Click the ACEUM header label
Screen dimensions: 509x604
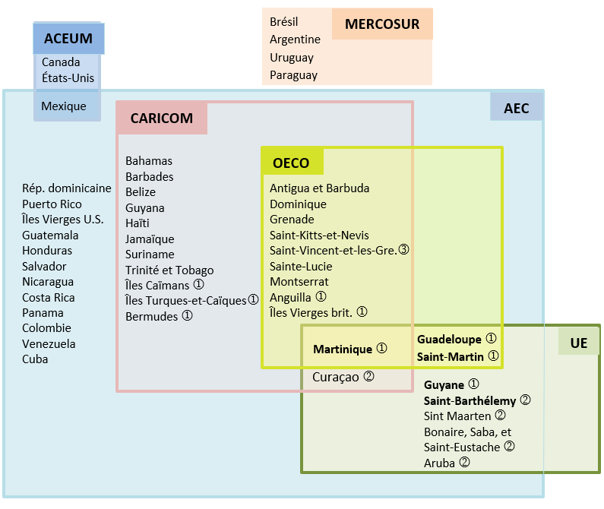coord(68,39)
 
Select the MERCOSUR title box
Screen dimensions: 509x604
coord(382,24)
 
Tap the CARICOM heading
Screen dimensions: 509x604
coord(162,119)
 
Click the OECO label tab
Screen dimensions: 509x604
coord(291,163)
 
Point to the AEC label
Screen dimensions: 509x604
coord(517,108)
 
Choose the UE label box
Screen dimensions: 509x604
coord(579,343)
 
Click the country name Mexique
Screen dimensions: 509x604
coord(64,106)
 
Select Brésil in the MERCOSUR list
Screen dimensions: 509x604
coord(284,22)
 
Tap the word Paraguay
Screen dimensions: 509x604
coord(293,75)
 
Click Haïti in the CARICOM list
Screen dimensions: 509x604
coord(138,223)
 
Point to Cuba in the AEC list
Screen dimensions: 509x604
coord(35,359)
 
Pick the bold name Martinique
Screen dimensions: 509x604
coord(343,349)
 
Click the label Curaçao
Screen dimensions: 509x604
coord(336,377)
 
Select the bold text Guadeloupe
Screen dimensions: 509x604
coord(449,339)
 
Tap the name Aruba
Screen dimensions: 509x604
coord(440,463)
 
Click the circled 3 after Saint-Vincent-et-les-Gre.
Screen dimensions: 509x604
coord(403,250)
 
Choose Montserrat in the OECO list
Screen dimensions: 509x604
coord(299,282)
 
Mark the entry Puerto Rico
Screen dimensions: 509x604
coord(52,204)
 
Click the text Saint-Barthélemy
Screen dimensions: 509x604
coord(470,400)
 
